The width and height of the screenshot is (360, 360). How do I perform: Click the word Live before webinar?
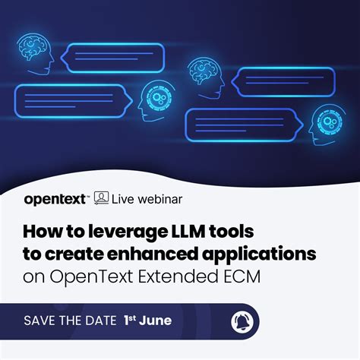123,200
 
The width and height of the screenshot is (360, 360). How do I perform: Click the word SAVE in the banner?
43,321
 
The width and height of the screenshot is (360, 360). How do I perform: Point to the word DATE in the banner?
96,321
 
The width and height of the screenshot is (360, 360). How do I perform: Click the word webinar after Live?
157,200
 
